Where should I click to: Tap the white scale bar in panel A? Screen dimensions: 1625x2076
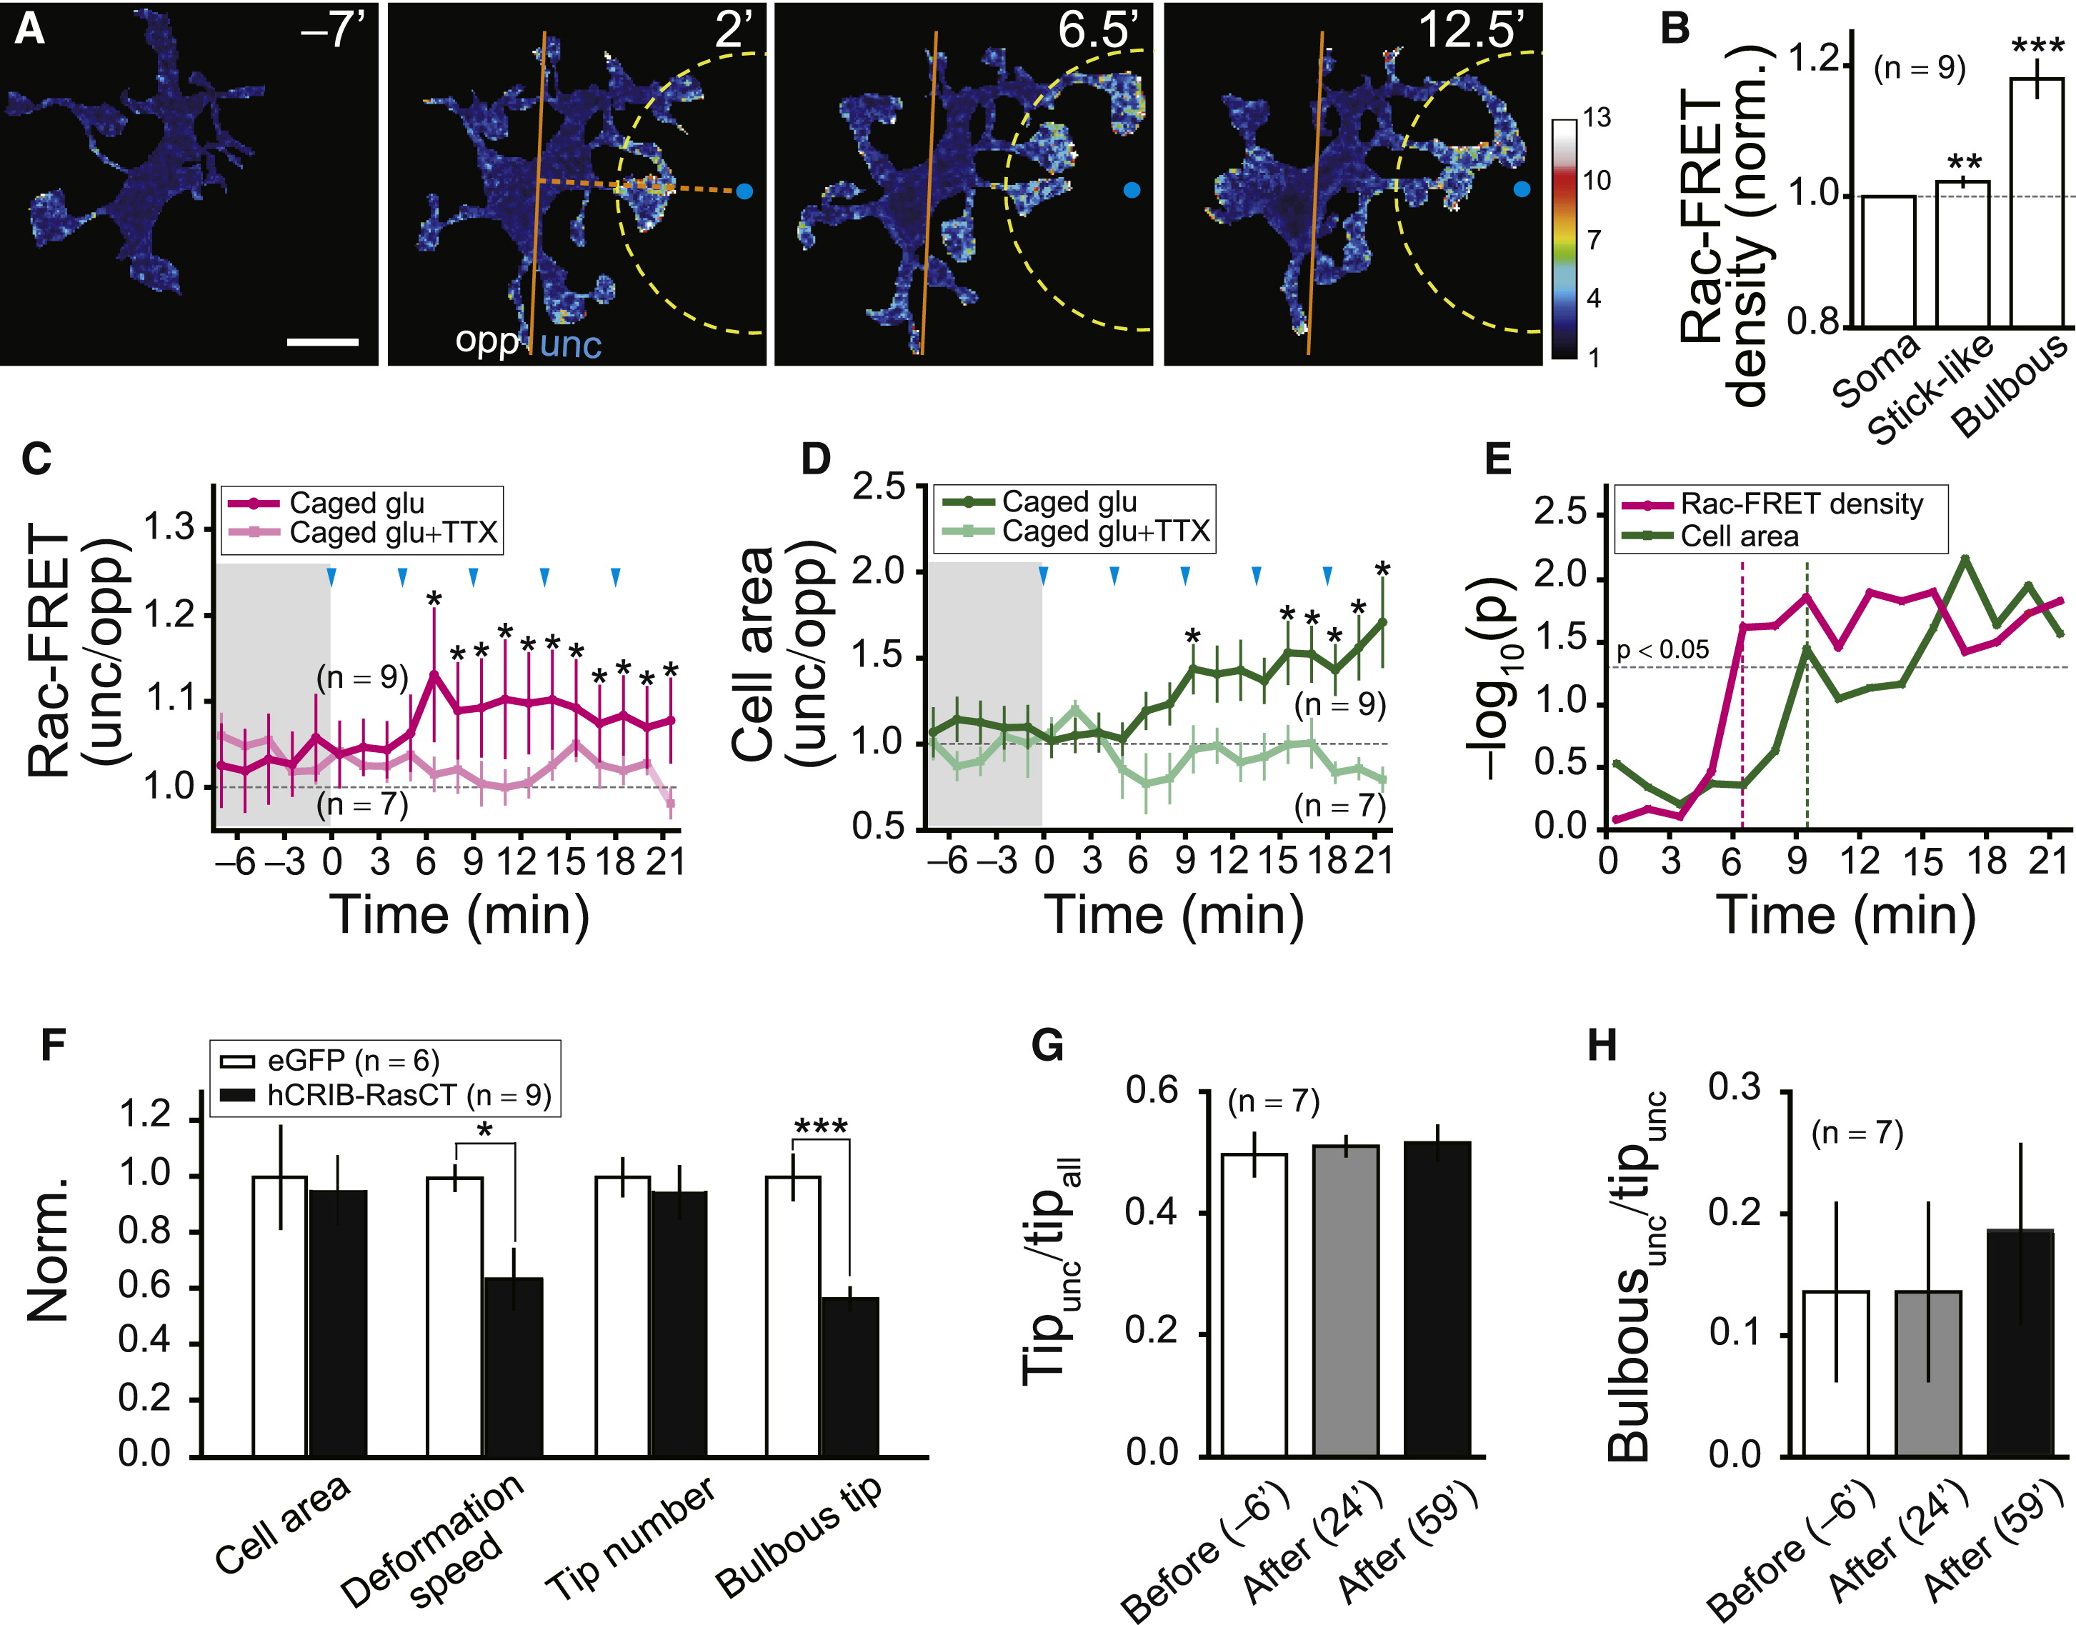322,341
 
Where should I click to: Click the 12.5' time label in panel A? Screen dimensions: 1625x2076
1471,31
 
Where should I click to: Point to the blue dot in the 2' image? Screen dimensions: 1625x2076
744,191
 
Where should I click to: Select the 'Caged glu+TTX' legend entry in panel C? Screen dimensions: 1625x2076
393,534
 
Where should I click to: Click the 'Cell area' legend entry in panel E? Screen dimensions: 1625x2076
1740,536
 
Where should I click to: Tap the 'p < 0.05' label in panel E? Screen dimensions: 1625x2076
1662,650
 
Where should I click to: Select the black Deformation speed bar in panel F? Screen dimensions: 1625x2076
514,1366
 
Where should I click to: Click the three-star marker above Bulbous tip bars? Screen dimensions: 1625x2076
820,1127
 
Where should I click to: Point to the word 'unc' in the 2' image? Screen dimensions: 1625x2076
571,344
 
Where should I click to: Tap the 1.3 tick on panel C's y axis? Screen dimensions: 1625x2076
169,527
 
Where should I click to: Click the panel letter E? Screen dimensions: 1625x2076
1497,461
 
